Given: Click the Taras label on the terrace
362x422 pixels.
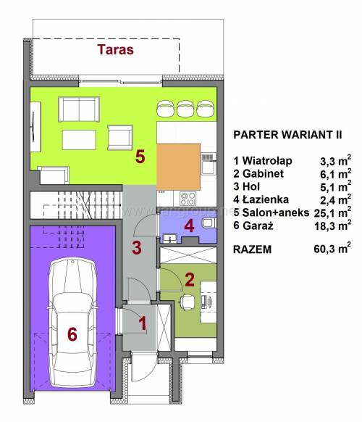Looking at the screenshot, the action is [x=116, y=49].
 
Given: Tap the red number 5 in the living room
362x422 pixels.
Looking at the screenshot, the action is [x=140, y=157].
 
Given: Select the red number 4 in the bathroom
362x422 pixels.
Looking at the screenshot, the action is [x=189, y=226].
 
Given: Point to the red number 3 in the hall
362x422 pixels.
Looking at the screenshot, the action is [x=137, y=248].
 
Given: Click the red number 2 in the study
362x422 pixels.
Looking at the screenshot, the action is [x=190, y=280].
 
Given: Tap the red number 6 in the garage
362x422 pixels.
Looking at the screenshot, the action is [x=72, y=334].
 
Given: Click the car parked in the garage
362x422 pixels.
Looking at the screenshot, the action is [x=72, y=323].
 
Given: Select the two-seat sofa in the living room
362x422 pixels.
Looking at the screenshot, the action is [x=79, y=109].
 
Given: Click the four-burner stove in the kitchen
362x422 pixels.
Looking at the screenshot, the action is [x=188, y=199].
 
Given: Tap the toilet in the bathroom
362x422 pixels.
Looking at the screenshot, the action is [x=209, y=223].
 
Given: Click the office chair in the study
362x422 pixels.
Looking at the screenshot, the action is [x=187, y=302].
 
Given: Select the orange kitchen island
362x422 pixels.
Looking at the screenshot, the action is [x=178, y=167].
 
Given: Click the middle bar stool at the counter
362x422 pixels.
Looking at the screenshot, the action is [x=185, y=109].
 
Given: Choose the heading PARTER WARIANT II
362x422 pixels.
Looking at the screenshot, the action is [x=287, y=135].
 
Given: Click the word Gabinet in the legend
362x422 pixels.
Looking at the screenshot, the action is [x=263, y=173].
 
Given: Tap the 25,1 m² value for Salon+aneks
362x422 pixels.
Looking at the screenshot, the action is [x=333, y=212].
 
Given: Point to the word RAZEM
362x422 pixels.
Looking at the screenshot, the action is [x=253, y=249].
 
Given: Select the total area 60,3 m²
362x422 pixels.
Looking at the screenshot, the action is [x=332, y=248].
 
